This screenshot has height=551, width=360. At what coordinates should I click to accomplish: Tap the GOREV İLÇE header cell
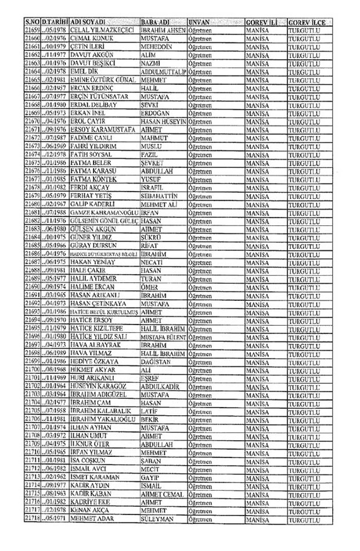coord(310,21)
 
